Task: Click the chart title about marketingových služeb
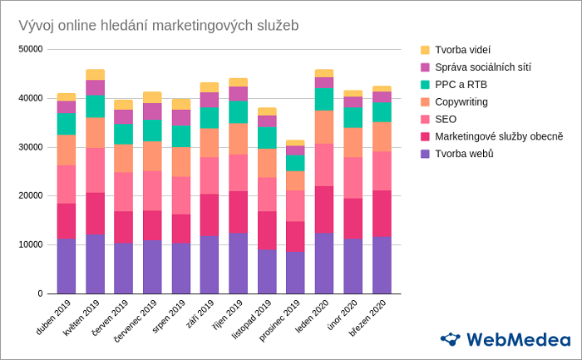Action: (x=158, y=25)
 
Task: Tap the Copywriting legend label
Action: (x=461, y=101)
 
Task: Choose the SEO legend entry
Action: (x=446, y=119)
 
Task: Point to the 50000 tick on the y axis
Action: (x=30, y=49)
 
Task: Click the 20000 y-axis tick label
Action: (x=30, y=196)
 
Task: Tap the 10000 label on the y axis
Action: (x=30, y=245)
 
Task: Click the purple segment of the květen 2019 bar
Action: (x=95, y=264)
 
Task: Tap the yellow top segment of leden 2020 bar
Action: (x=323, y=73)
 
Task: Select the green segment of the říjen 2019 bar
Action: (x=238, y=111)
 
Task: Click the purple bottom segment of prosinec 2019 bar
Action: (x=295, y=273)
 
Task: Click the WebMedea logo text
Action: (x=517, y=339)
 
